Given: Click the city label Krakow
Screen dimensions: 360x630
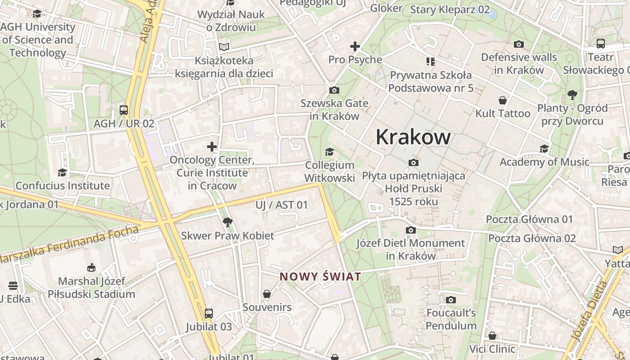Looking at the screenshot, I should coord(413,137).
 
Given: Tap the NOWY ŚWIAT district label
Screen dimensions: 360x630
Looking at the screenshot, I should coord(320,276).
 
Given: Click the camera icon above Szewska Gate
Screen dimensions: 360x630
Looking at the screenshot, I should coord(334,90).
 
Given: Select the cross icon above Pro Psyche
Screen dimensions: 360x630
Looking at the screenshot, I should coord(355,46).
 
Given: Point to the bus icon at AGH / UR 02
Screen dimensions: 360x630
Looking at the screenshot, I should coord(123,110).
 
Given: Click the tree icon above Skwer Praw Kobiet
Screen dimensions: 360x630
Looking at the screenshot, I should coord(227,222).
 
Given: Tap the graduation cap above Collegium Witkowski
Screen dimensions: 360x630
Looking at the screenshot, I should coord(329,152).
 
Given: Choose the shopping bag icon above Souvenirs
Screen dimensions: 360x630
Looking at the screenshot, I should coord(267,294).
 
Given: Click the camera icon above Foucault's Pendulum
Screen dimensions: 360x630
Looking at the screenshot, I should coord(451,300).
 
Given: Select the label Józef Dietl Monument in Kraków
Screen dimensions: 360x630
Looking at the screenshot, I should coord(410,249).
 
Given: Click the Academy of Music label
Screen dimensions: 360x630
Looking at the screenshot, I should coord(544,162).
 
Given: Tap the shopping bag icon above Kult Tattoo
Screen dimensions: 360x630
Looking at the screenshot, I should coord(503,100).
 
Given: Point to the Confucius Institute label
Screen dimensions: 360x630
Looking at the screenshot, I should coord(63,185).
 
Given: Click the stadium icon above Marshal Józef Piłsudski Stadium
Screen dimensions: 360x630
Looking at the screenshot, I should coord(92,267).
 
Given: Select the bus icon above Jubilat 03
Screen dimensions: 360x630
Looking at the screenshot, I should coord(208,313).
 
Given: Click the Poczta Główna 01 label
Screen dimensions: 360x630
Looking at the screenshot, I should coord(529,220).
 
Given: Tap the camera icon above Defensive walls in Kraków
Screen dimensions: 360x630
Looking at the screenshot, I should coord(519,44).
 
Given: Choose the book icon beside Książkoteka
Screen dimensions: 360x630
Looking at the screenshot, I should coord(224,47).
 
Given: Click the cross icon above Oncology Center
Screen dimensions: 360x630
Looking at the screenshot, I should coord(212,146).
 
